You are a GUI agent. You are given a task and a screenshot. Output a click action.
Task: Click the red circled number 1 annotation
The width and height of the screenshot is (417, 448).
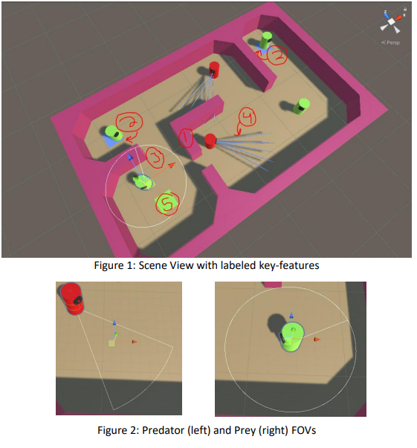186,138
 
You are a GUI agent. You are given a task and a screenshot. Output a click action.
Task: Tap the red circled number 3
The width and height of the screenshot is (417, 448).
155,157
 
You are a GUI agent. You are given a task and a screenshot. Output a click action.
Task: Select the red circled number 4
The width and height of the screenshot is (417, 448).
248,117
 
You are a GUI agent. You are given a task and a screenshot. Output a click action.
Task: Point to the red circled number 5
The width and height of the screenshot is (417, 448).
167,203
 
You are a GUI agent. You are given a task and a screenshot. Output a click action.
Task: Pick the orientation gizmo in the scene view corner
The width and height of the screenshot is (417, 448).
392,22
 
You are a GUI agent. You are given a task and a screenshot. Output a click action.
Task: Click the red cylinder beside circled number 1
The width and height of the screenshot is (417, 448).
210,141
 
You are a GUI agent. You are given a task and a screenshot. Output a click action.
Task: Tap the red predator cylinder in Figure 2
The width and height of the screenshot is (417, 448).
71,299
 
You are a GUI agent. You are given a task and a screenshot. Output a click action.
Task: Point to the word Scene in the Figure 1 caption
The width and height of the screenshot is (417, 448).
152,265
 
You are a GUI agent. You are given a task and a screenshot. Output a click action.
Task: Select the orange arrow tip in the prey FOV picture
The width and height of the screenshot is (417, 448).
317,339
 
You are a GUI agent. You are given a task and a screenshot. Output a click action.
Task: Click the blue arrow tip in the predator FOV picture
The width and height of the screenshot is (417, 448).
114,322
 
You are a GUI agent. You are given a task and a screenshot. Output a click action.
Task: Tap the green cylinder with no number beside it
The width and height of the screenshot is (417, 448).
301,106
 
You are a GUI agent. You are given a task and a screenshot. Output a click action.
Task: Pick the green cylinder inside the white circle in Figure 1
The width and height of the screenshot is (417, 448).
142,182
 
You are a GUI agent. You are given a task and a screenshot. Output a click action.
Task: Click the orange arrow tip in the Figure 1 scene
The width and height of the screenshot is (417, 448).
172,166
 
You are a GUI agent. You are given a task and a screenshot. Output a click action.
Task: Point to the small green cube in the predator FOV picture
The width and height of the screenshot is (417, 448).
111,343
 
